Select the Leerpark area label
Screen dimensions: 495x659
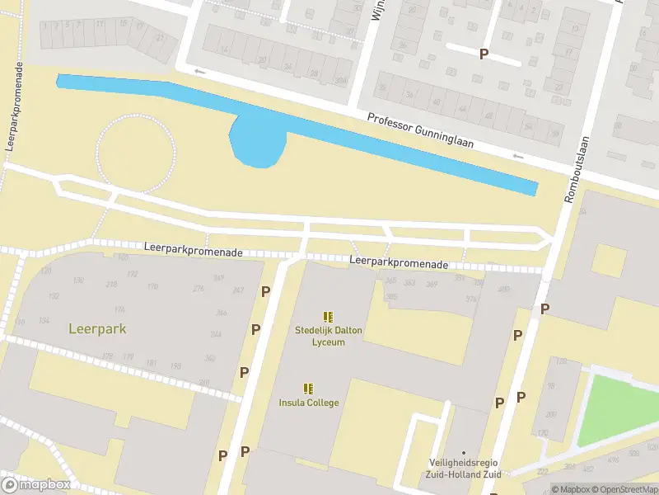click(97, 328)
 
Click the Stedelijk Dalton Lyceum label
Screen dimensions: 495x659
click(329, 336)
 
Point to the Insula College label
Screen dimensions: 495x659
click(308, 403)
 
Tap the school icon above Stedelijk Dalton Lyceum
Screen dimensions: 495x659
click(329, 317)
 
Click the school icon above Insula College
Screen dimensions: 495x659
click(308, 389)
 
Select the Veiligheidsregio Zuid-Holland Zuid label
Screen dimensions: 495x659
click(464, 469)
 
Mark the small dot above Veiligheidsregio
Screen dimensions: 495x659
click(464, 452)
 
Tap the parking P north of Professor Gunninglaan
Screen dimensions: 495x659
click(484, 54)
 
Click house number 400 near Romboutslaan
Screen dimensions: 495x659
click(503, 289)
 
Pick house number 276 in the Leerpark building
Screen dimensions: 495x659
click(198, 288)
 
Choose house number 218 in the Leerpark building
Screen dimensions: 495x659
click(111, 285)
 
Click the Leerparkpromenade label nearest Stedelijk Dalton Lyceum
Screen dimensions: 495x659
click(399, 263)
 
